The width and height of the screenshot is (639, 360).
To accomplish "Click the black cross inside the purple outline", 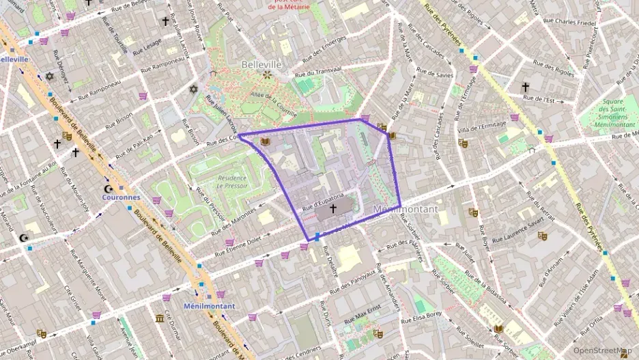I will pyautogui.click(x=333, y=208).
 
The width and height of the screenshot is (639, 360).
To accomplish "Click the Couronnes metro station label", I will pyautogui.click(x=121, y=197).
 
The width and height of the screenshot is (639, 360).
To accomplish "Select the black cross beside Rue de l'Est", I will pyautogui.click(x=525, y=87).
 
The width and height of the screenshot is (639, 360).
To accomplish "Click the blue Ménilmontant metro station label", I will pyautogui.click(x=209, y=306).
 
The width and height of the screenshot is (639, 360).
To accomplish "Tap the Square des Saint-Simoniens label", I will pyautogui.click(x=612, y=113).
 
